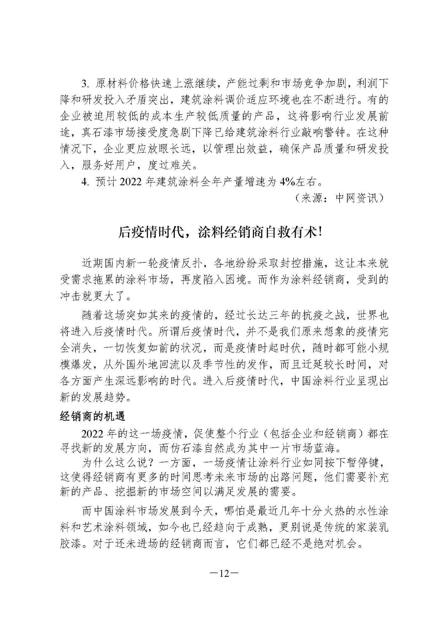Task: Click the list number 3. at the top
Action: click(86, 84)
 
